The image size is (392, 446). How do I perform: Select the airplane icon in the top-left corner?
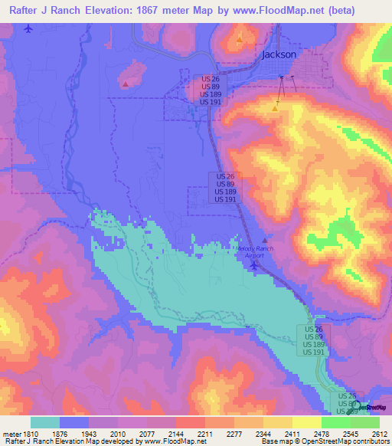click(29, 28)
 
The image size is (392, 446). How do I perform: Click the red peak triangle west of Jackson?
click(125, 84)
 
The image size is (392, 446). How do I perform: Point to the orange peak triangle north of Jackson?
click(240, 38)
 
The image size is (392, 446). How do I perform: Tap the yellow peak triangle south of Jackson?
click(274, 108)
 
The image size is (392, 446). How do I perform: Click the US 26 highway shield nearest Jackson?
click(211, 79)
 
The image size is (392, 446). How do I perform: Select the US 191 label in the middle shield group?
click(224, 199)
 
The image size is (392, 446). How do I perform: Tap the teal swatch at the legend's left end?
click(45, 422)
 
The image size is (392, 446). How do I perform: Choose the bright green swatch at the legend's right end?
click(365, 422)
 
